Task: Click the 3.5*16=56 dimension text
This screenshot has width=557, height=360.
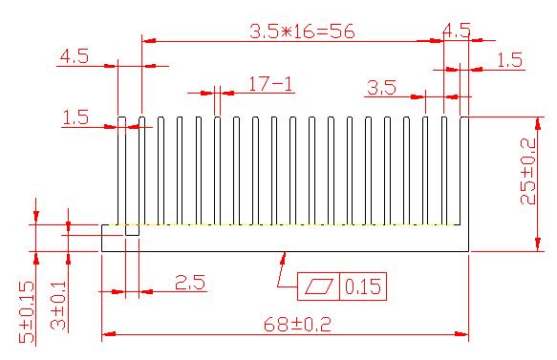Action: pyautogui.click(x=302, y=32)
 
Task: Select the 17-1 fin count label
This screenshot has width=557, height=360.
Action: pyautogui.click(x=270, y=84)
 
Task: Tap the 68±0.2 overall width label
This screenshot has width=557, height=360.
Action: pyautogui.click(x=297, y=324)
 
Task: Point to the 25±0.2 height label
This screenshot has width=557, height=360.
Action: pyautogui.click(x=528, y=171)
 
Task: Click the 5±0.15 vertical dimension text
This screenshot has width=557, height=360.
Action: pyautogui.click(x=27, y=312)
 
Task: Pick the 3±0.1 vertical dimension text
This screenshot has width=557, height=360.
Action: pyautogui.click(x=58, y=306)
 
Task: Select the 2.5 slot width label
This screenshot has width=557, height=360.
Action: pyautogui.click(x=190, y=283)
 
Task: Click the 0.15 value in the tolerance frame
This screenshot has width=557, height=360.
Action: pyautogui.click(x=363, y=286)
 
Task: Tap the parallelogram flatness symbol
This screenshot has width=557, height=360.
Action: pyautogui.click(x=319, y=286)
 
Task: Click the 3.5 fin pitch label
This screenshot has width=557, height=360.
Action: pyautogui.click(x=381, y=87)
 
